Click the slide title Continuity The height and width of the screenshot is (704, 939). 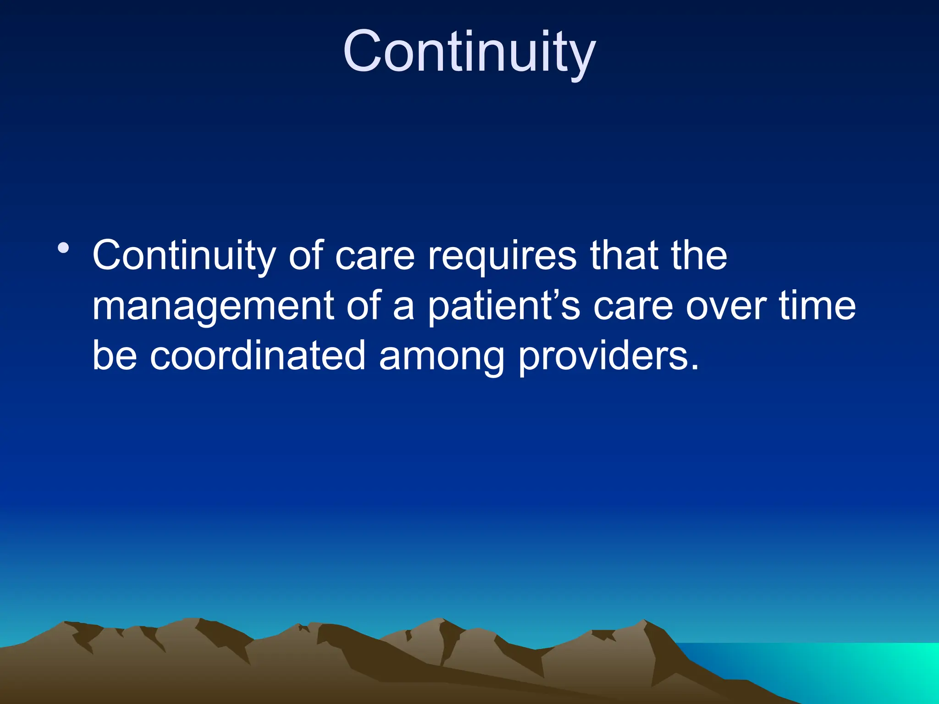[469, 51]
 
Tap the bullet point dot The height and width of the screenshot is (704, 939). [63, 249]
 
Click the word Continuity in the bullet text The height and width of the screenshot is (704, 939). [184, 256]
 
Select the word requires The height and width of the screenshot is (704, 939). [502, 256]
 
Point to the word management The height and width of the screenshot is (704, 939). [213, 306]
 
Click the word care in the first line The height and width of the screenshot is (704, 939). [375, 256]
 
